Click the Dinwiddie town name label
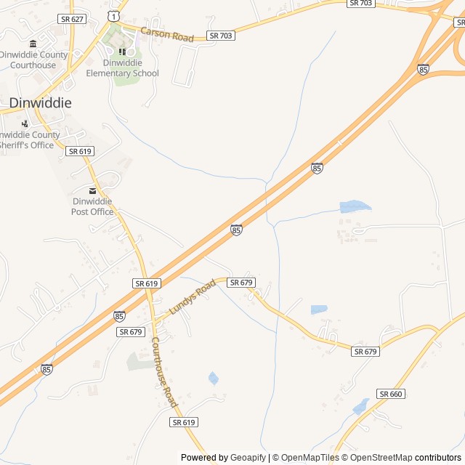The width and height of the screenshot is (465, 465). pos(40,103)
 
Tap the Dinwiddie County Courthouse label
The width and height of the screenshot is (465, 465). pos(33,60)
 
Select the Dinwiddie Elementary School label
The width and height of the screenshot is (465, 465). pos(122,68)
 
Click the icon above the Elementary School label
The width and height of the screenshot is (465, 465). pos(122,51)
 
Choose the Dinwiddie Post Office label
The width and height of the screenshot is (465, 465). pos(92,206)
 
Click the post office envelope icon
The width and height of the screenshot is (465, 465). pos(92,190)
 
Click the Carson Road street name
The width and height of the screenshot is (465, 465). pos(167,34)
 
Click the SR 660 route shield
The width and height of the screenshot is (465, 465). pos(390,394)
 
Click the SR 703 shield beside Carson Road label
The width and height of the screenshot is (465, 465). pos(221,35)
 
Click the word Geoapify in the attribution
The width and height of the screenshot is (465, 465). pos(247,458)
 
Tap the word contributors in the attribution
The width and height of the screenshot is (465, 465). pos(438,458)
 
